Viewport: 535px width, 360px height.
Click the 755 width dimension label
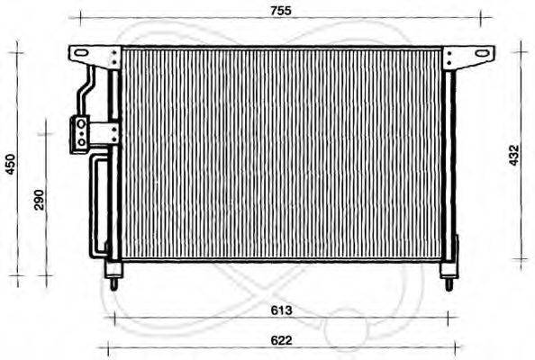pos(286,10)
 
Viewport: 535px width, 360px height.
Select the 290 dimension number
pos(39,200)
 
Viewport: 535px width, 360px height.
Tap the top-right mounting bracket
pos(473,56)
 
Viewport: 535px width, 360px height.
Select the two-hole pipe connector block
pos(81,133)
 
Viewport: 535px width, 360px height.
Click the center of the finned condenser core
pos(282,153)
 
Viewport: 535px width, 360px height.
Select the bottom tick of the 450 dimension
pos(15,281)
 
